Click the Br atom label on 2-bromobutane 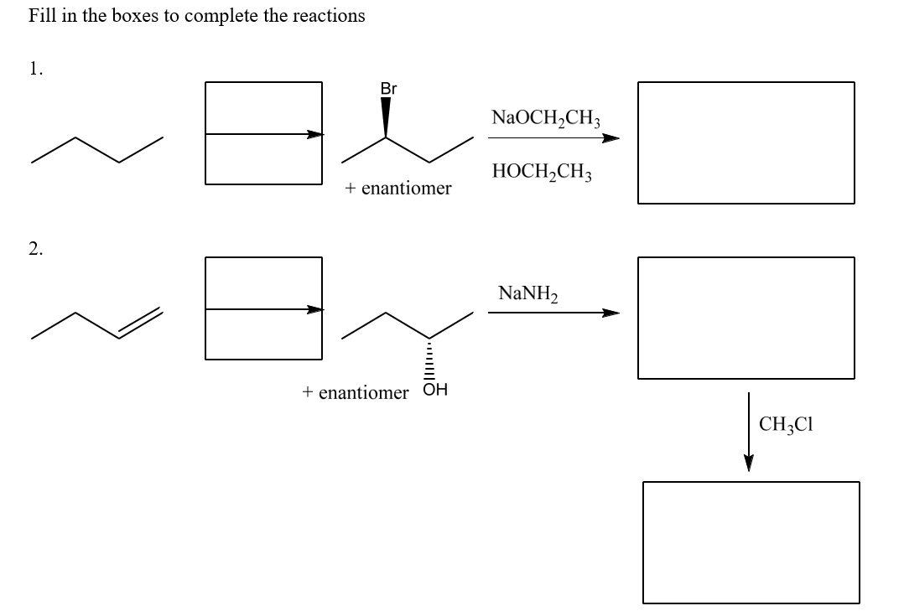(388, 88)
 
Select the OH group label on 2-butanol (436, 390)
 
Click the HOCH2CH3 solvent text (543, 173)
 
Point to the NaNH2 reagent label (527, 293)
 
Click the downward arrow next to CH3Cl (749, 432)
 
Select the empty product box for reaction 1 (746, 142)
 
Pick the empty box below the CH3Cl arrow (751, 541)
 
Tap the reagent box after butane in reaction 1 (263, 132)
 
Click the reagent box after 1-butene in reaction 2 (263, 308)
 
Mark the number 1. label (35, 70)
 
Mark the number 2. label (35, 247)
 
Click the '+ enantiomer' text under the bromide (397, 188)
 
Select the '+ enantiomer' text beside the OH (356, 391)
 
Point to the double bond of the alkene (139, 324)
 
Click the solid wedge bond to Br (386, 117)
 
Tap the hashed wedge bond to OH (429, 359)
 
